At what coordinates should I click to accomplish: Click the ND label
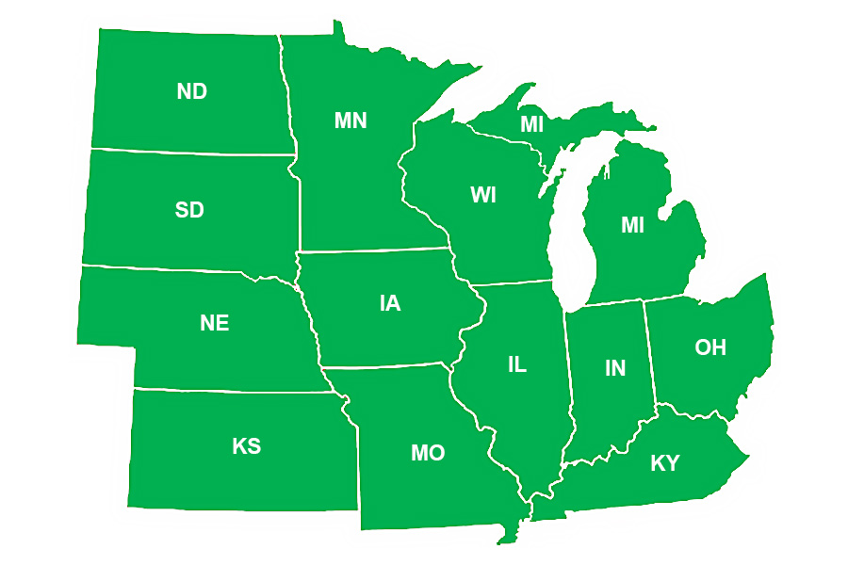coord(191,91)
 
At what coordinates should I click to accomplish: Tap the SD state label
coord(189,210)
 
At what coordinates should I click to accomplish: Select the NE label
coord(214,323)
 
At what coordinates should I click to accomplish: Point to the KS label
coord(246,446)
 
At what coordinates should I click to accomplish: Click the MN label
coord(351,121)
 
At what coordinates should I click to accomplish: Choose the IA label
coord(389,303)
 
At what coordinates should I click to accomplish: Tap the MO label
coord(427,454)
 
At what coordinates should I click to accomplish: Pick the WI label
coord(483,196)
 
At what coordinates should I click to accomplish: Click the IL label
coord(516,365)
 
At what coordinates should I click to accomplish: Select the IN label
coord(614,368)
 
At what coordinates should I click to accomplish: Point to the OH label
coord(710,347)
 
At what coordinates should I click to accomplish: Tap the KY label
coord(665,463)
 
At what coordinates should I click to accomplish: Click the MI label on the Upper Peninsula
coord(532,124)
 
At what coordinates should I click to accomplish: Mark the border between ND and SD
coord(188,152)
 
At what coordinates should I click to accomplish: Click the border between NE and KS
coord(236,390)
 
